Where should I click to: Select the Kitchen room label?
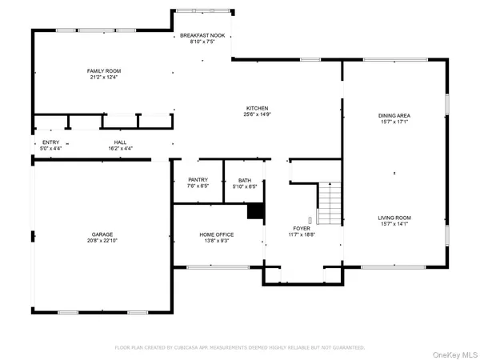257,108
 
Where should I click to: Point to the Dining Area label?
394,115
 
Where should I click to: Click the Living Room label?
394,218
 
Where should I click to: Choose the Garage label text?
102,234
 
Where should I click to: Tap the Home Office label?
217,234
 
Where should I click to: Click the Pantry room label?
198,180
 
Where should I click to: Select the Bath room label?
245,180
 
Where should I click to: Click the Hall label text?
120,142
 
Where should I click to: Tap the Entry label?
50,142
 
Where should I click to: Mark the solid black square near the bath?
255,210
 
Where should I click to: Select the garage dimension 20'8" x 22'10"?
102,241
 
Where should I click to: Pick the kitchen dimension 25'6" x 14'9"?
257,114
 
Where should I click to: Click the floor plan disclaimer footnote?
239,347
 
